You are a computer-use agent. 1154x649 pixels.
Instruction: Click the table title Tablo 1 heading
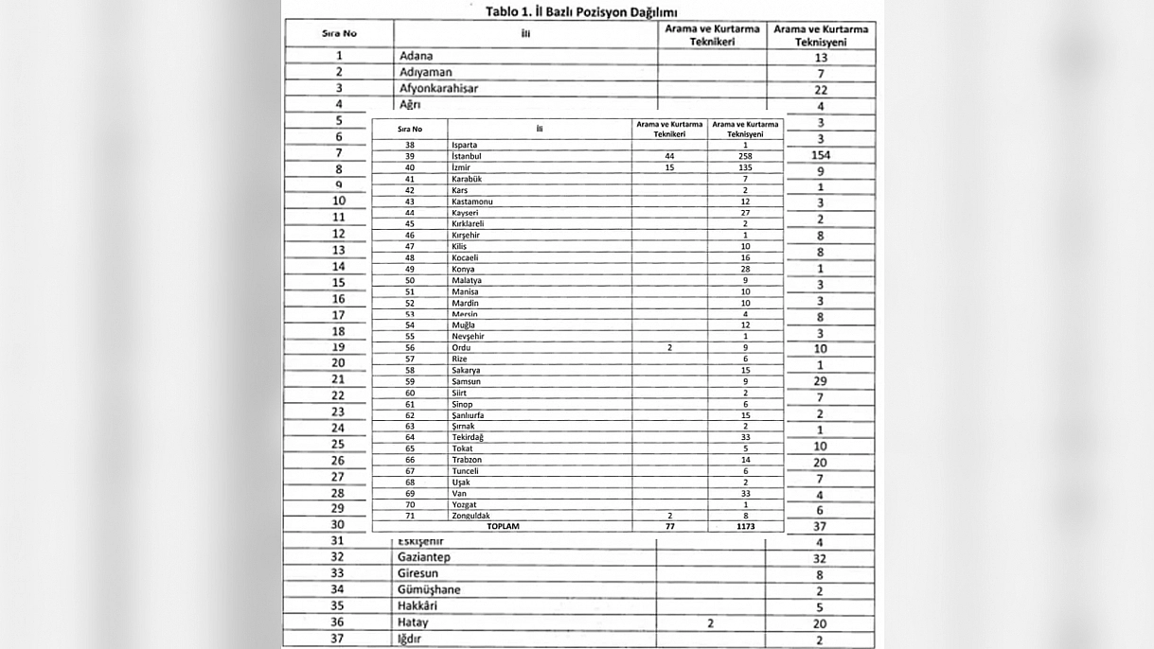pyautogui.click(x=581, y=11)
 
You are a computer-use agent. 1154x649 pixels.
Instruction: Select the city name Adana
pyautogui.click(x=416, y=56)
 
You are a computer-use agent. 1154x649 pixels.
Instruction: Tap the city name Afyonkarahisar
pyautogui.click(x=438, y=88)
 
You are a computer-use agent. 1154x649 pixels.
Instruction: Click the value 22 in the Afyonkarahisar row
pyautogui.click(x=821, y=90)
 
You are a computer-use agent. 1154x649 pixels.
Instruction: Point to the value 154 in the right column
pyautogui.click(x=821, y=154)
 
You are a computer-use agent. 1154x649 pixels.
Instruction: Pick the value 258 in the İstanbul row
pyautogui.click(x=745, y=155)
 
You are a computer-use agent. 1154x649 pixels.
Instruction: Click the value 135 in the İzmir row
pyautogui.click(x=745, y=167)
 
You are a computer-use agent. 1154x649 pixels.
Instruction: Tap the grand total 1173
pyautogui.click(x=745, y=526)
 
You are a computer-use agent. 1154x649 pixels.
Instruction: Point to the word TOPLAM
pyautogui.click(x=503, y=526)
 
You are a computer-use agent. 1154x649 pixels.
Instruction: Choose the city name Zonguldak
pyautogui.click(x=471, y=516)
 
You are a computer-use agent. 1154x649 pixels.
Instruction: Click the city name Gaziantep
pyautogui.click(x=424, y=557)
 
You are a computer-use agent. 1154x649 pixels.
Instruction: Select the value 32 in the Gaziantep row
pyautogui.click(x=820, y=559)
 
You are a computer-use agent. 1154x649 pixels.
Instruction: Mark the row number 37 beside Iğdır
pyautogui.click(x=337, y=639)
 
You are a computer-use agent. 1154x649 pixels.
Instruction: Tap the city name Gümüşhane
pyautogui.click(x=430, y=589)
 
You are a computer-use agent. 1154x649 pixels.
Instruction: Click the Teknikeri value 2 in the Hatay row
pyautogui.click(x=710, y=623)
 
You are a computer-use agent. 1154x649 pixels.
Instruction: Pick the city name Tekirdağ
pyautogui.click(x=468, y=437)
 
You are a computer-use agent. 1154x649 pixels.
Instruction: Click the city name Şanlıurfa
pyautogui.click(x=470, y=415)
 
